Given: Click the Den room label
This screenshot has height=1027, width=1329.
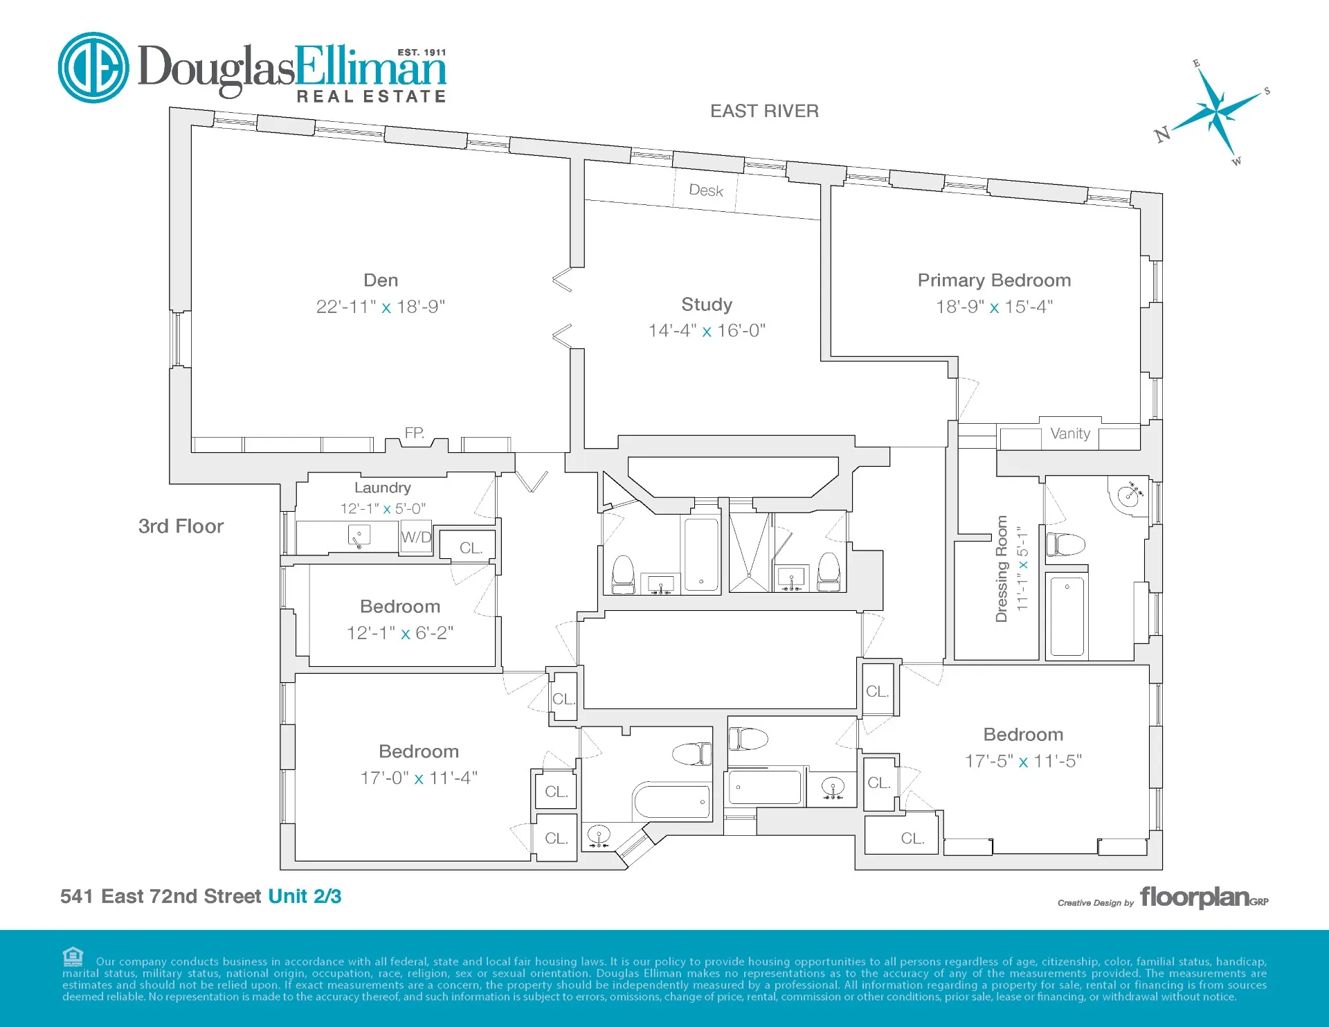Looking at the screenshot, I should click(381, 280).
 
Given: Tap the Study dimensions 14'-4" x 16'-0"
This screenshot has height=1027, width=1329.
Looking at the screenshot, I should click(707, 331).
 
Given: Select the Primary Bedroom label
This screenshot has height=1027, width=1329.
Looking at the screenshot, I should click(994, 280).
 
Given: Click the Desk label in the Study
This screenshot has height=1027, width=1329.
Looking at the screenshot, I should click(706, 190).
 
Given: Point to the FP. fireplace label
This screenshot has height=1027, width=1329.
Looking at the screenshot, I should click(414, 434).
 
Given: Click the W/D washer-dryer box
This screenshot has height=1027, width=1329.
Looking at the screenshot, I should click(416, 537).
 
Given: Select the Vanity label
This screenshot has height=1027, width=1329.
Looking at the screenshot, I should click(1069, 434).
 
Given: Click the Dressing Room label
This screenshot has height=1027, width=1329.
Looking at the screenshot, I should click(1001, 569).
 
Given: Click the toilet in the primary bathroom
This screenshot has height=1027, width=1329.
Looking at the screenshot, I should click(1065, 544).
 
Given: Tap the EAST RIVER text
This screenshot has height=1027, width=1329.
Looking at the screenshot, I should click(764, 111).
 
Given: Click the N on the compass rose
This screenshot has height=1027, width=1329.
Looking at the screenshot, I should click(1162, 134).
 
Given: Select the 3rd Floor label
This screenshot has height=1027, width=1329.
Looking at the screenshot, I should click(181, 526).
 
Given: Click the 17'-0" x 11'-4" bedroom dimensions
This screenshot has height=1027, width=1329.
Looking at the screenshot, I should click(419, 778).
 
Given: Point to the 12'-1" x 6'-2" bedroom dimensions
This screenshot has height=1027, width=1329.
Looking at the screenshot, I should click(400, 633).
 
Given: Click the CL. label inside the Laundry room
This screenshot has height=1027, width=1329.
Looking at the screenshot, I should click(471, 548).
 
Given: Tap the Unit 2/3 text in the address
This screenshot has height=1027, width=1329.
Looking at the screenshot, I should click(305, 897).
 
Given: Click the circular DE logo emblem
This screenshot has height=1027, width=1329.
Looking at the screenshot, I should click(93, 68).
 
